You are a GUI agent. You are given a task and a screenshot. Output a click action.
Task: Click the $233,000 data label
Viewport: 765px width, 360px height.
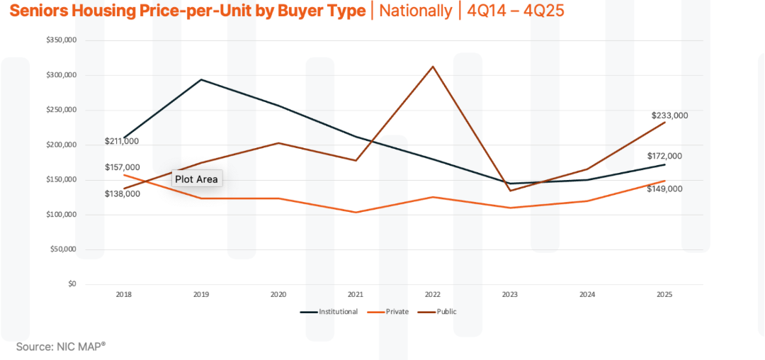coord(669,116)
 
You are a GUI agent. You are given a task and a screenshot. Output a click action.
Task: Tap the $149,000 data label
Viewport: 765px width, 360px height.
coord(664,189)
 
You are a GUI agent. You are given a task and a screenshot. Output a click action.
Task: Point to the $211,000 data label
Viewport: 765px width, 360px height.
coord(122,142)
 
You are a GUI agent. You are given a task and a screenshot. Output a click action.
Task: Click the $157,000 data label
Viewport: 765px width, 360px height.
coord(122,167)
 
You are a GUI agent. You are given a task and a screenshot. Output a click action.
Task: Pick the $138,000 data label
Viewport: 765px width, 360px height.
coord(122,193)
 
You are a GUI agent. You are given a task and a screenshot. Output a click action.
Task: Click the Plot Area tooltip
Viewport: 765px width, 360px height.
coord(196,179)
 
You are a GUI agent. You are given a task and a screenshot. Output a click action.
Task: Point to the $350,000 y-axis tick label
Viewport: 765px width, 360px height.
coord(61,40)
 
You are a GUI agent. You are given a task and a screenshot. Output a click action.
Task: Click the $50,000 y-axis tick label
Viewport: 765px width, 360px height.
coord(63,249)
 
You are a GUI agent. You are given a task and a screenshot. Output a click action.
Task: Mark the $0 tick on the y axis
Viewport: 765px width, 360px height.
coord(72,284)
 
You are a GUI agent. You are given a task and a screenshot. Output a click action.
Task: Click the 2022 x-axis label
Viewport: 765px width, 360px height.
coord(433,294)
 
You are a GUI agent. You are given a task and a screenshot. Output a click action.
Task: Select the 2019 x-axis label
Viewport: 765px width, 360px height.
coord(201,294)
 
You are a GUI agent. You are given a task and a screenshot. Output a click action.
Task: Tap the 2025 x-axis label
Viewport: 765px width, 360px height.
coord(664,294)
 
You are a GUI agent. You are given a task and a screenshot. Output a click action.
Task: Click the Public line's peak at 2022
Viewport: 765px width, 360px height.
coord(433,67)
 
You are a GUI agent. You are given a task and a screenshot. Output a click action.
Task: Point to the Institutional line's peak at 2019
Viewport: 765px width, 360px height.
coord(201,79)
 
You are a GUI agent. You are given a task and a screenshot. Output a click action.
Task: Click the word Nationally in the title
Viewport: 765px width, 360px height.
coord(415,11)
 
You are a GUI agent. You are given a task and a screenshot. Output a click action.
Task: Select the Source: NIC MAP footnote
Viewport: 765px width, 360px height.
coord(60,347)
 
